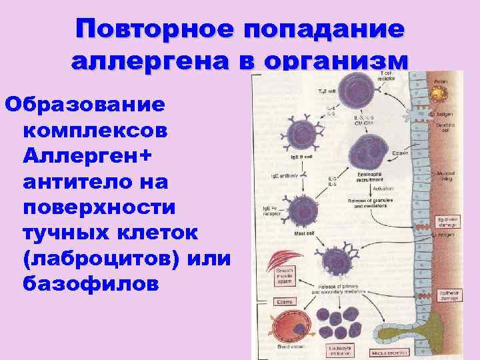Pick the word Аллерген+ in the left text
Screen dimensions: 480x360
click(x=87, y=156)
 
